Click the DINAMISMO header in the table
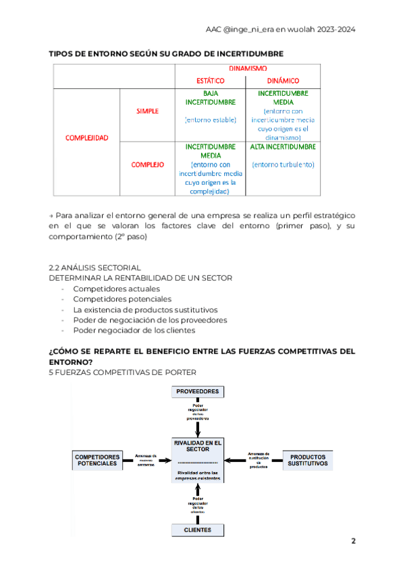coord(248,69)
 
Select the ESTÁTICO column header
coord(210,81)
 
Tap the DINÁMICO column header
coord(283,81)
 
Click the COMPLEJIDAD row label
coord(86,138)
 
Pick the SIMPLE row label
coord(147,111)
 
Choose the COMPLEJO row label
coord(147,165)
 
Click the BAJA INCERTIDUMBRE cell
coord(210,98)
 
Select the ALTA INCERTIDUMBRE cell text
coord(283,146)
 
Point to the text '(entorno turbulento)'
coord(283,165)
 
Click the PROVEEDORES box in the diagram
coord(197,391)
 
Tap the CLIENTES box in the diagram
coord(197,530)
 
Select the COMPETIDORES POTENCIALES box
coord(97,460)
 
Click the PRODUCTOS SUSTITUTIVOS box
coord(308,460)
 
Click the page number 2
coord(353,541)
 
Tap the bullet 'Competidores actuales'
coord(112,288)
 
